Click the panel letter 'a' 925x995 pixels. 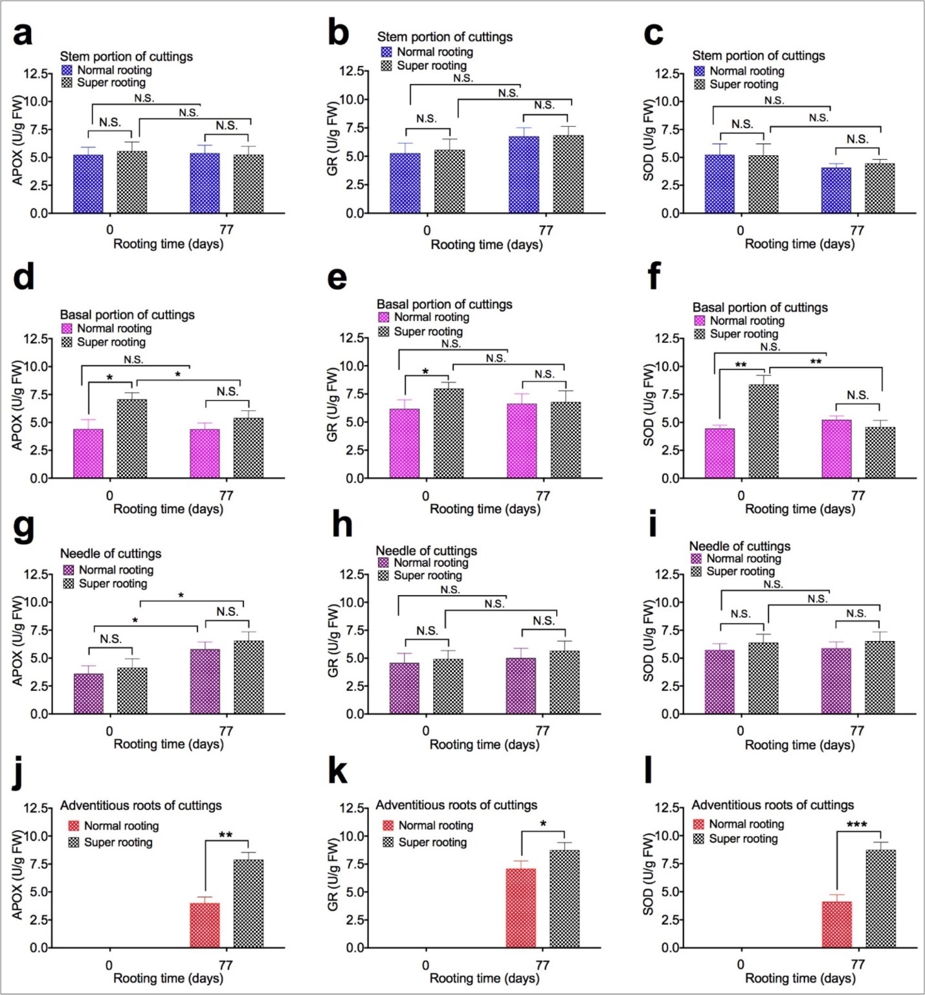click(x=23, y=34)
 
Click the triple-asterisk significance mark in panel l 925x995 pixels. click(x=857, y=825)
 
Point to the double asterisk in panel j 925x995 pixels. click(x=225, y=835)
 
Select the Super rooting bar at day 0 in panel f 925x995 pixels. click(x=764, y=431)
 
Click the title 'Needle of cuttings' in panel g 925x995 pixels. click(x=111, y=554)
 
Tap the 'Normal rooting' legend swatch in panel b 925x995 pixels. click(x=386, y=52)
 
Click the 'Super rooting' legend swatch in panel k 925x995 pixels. click(x=388, y=842)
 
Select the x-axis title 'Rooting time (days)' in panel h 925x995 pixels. click(x=484, y=745)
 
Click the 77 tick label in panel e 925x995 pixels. click(x=543, y=496)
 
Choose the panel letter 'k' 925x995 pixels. click(x=339, y=772)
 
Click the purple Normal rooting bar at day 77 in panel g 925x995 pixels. click(x=205, y=681)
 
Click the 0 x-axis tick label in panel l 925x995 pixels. click(x=741, y=965)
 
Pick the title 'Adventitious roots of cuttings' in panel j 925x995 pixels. click(x=141, y=805)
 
